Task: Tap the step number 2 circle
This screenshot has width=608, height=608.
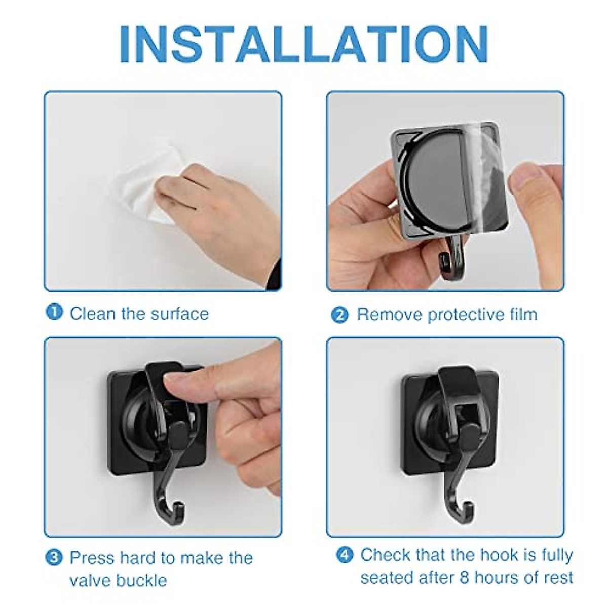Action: [340, 315]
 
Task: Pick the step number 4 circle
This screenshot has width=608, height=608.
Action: [345, 555]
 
